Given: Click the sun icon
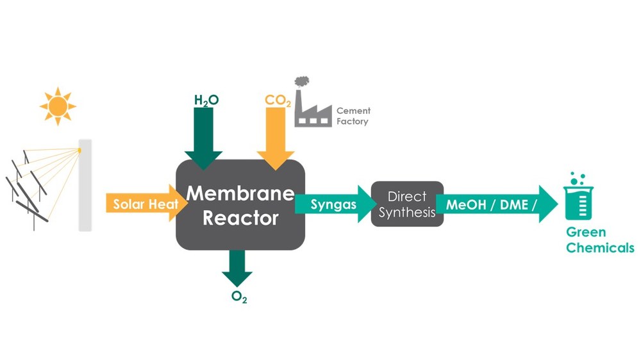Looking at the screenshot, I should pos(58,106).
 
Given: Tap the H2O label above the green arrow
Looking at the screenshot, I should pos(206,100).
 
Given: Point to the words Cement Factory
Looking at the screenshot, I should pos(353,116).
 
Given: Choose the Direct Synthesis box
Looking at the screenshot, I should pos(407,204).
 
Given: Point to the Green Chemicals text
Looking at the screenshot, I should pos(599,240).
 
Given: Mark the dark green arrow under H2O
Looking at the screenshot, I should pos(203,138).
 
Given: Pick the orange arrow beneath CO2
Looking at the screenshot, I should pos(276,138).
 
